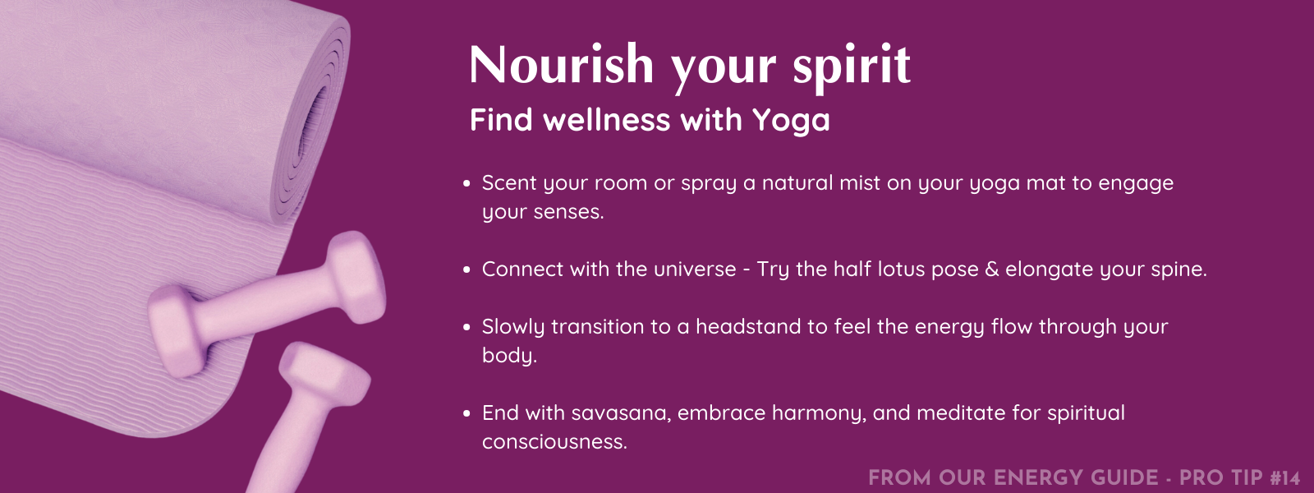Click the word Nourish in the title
[562, 65]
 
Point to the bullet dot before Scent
[467, 184]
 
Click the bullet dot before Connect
[467, 270]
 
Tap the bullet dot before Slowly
[467, 328]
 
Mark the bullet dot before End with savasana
[467, 414]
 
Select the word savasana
[621, 413]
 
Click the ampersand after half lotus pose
[991, 270]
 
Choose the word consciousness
[554, 442]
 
